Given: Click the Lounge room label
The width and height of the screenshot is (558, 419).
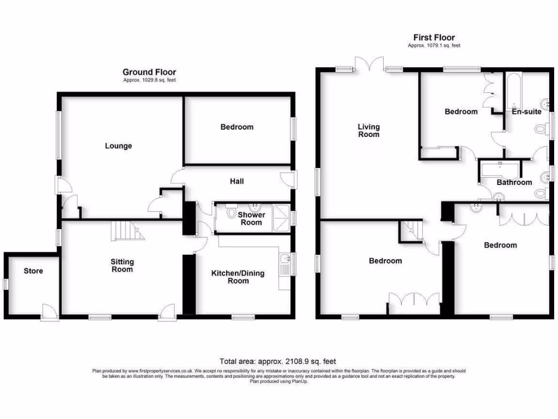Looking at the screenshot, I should point(118,146).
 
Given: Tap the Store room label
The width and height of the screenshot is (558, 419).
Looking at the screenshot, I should point(33,271).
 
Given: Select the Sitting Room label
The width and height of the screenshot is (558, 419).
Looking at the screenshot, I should point(122,266).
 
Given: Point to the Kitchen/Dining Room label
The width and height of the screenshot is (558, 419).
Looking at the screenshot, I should point(238,277).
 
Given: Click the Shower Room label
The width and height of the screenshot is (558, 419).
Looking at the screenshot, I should point(251,218).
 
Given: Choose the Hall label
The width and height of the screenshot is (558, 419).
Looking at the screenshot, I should point(236,181).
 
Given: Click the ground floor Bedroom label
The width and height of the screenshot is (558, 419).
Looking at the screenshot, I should point(236,127).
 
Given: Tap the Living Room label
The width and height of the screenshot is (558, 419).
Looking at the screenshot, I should point(368,130).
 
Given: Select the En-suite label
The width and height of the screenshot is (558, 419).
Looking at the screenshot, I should point(526,111).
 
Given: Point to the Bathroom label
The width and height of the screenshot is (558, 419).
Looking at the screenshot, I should point(514,182).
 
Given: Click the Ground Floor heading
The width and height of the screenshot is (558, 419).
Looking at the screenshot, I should point(149,72).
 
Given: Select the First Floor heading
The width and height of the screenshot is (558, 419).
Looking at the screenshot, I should point(434,37).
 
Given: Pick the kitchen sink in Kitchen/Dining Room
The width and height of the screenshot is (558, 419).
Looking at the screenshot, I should point(284,264).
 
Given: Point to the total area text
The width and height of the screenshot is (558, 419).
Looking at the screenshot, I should point(277,361).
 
